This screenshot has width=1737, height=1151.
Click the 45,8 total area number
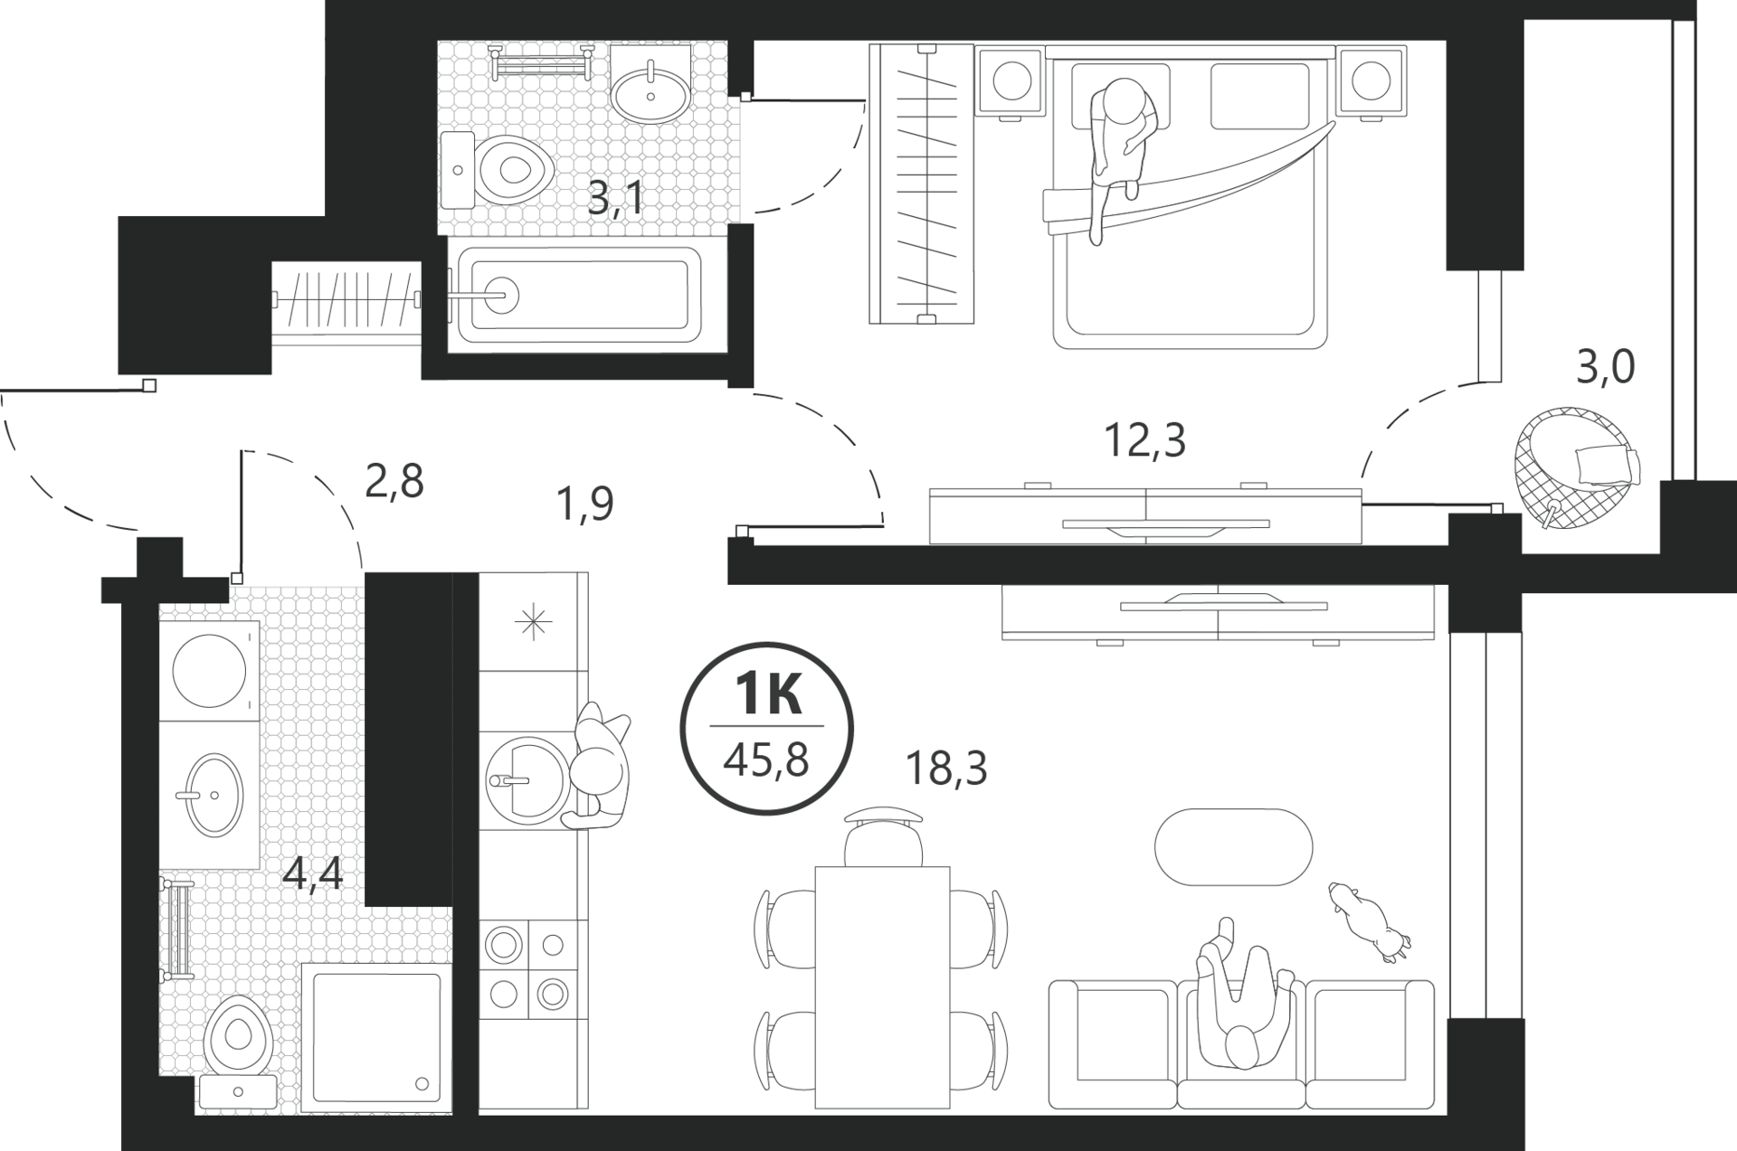pyautogui.click(x=765, y=761)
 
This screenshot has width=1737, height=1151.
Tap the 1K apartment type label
pyautogui.click(x=768, y=695)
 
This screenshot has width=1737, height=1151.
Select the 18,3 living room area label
pyautogui.click(x=946, y=769)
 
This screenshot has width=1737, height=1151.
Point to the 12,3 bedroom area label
pyautogui.click(x=1144, y=440)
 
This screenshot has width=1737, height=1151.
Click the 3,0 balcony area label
pyautogui.click(x=1606, y=367)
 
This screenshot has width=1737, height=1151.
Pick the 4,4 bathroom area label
pyautogui.click(x=313, y=873)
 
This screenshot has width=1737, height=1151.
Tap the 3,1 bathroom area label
pyautogui.click(x=615, y=197)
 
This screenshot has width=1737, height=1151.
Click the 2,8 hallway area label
pyautogui.click(x=394, y=482)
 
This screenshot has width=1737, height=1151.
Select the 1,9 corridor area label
pyautogui.click(x=585, y=504)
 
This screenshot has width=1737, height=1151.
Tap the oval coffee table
pyautogui.click(x=1233, y=848)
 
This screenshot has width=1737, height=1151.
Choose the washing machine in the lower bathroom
pyautogui.click(x=209, y=670)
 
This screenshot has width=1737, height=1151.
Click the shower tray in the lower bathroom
pyautogui.click(x=375, y=1038)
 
